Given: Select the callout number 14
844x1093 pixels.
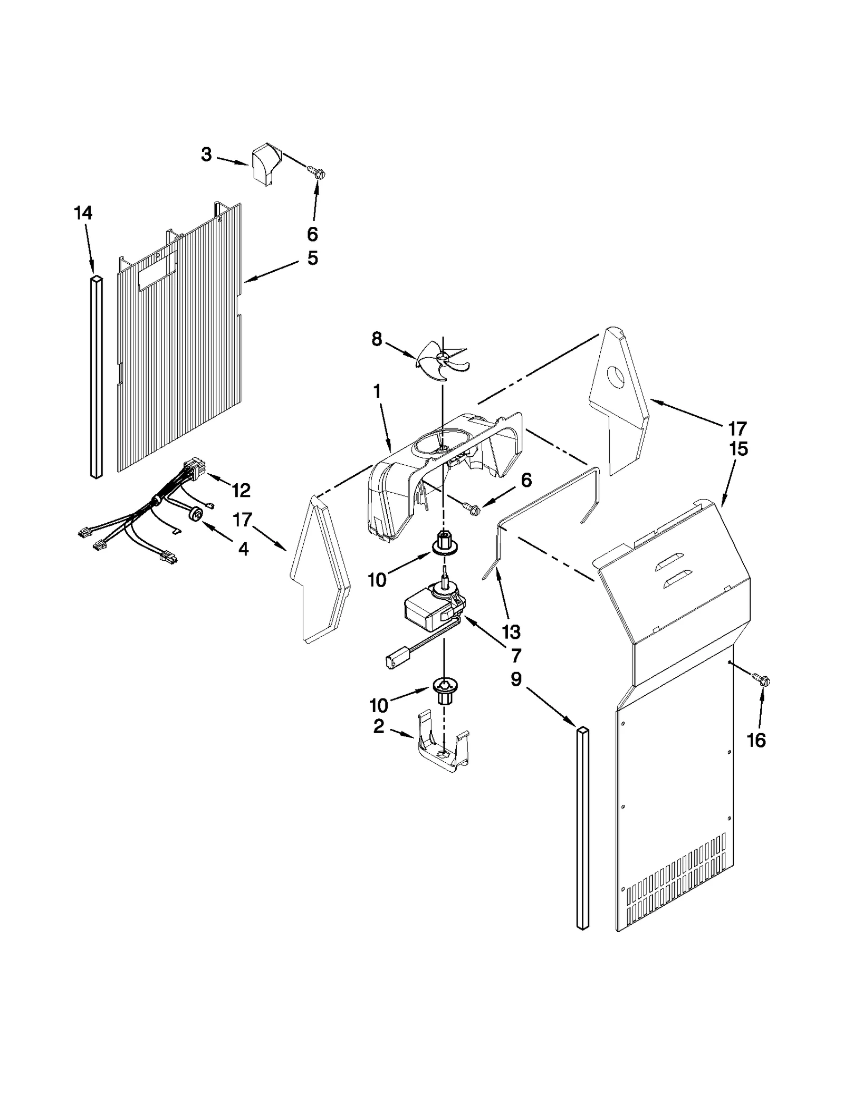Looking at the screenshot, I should [83, 213].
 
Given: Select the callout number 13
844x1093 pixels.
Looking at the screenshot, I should [511, 631].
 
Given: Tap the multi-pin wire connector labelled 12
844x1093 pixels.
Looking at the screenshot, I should [190, 467].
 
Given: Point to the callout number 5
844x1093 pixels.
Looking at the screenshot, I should [312, 258].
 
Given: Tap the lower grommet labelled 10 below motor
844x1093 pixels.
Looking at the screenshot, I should [445, 689].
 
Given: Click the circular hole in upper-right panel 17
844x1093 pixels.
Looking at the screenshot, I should [616, 376].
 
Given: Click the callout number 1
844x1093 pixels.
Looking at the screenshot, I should [377, 391].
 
